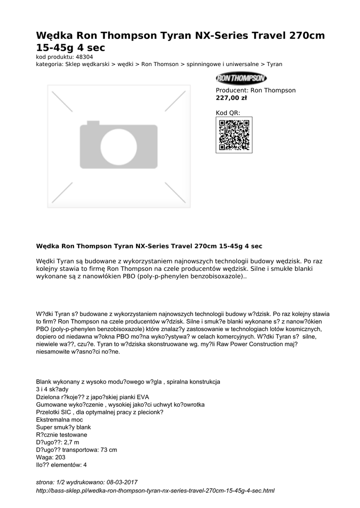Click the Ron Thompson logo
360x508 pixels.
coord(241,79)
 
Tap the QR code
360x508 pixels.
coord(234,135)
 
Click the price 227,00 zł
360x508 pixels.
coord(231,98)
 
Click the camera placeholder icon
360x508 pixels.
coord(119,145)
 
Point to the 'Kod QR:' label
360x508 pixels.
coord(228,113)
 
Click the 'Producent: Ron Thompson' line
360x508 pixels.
coord(256,90)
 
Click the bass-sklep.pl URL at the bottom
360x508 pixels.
coord(155,491)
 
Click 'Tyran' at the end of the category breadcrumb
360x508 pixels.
coord(274,64)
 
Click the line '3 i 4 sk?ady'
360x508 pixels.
coord(52,389)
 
